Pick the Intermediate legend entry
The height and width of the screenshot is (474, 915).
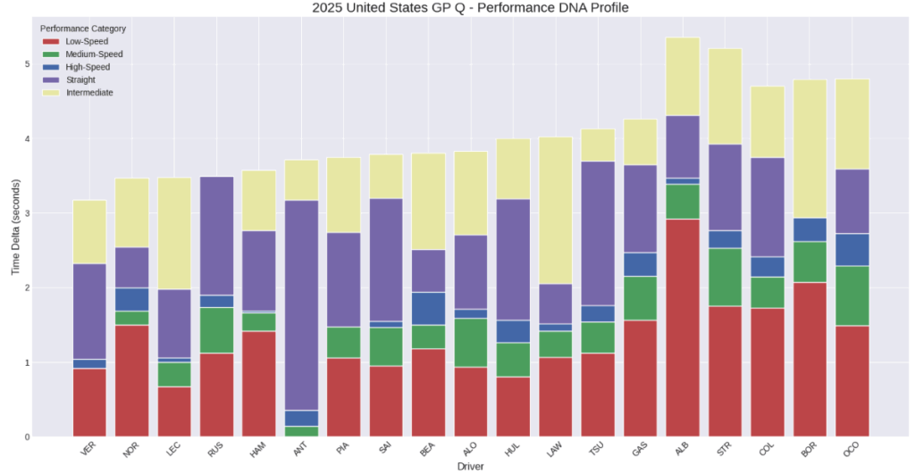click(89, 93)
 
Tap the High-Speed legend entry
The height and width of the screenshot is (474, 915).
click(88, 67)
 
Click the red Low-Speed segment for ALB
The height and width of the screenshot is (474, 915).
click(682, 328)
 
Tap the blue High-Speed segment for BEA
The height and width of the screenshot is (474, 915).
click(428, 309)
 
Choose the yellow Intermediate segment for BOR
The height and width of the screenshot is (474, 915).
click(810, 149)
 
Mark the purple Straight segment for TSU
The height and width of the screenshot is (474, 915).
click(598, 234)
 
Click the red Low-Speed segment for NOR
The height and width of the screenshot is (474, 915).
click(132, 380)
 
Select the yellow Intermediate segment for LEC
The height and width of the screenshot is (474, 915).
click(174, 233)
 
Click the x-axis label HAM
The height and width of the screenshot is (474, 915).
click(257, 449)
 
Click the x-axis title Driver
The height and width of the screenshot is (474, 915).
click(470, 466)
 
